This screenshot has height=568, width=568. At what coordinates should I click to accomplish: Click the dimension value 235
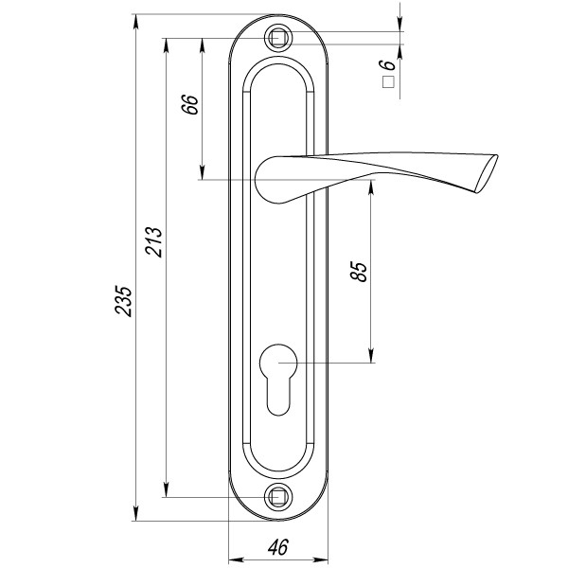(x=123, y=301)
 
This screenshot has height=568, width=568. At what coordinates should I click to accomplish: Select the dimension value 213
(x=153, y=242)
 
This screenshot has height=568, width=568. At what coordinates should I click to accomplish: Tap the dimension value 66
(x=190, y=105)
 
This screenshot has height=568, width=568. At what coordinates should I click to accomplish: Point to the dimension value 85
(x=359, y=272)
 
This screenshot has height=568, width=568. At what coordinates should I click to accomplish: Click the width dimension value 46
(x=278, y=547)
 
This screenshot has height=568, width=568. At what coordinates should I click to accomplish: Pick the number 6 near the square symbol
(x=387, y=64)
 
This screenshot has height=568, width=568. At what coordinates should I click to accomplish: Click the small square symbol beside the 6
(x=388, y=82)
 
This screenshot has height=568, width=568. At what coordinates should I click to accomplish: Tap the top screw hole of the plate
(x=278, y=38)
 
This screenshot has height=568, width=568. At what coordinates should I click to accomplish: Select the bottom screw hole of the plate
(x=278, y=497)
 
